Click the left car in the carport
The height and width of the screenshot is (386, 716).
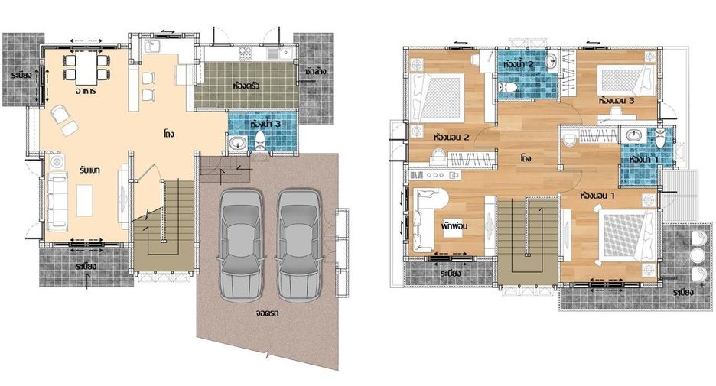(241, 245)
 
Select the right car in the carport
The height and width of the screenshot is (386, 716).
(299, 245)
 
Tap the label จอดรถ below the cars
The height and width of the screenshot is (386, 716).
(268, 313)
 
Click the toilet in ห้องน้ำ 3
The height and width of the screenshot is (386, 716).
(260, 140)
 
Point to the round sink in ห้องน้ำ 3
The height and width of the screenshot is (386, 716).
(237, 143)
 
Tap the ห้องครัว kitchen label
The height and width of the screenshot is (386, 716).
(246, 86)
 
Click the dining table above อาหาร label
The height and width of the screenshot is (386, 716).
(86, 67)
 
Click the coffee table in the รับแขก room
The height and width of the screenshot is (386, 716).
(84, 199)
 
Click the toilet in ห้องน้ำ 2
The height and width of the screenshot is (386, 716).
(508, 86)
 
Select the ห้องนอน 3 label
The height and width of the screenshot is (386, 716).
(617, 101)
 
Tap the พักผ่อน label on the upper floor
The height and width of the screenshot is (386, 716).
(454, 226)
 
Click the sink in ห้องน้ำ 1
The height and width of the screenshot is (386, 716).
(633, 135)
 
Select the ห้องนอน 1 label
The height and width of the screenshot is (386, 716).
(597, 196)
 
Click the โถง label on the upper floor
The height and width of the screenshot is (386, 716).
(526, 158)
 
